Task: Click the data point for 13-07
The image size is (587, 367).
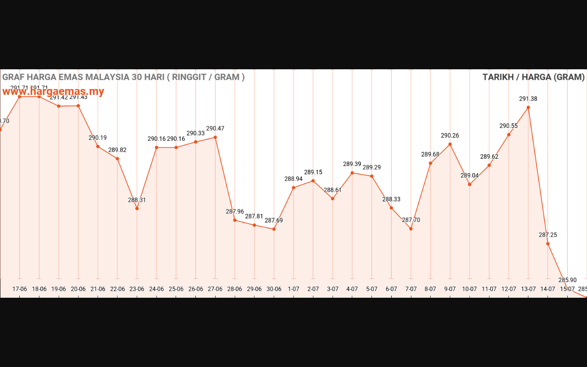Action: (528, 107)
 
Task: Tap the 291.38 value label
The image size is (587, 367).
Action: (528, 99)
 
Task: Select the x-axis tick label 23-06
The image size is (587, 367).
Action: (137, 289)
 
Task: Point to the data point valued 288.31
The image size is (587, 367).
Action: (137, 209)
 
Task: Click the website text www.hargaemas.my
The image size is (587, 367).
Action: (53, 91)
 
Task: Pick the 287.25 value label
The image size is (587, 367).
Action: (548, 235)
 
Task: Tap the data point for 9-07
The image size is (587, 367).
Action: (450, 144)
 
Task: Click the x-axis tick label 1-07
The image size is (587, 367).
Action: (293, 289)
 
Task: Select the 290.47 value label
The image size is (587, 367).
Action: (215, 128)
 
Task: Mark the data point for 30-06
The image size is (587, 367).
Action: (274, 229)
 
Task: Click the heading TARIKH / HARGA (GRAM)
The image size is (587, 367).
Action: (533, 77)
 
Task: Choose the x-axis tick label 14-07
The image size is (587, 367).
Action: (548, 289)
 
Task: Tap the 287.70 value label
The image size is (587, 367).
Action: (411, 220)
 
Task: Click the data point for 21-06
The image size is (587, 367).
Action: (98, 146)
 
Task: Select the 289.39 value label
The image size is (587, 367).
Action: (352, 164)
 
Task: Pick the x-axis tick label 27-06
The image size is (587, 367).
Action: (215, 289)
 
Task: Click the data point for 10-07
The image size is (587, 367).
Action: (470, 184)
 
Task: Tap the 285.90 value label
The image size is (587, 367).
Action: (567, 280)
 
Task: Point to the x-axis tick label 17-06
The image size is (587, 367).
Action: (20, 289)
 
